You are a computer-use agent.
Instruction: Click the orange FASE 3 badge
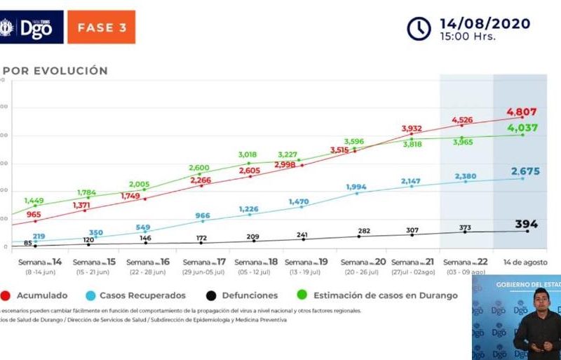(x=101, y=27)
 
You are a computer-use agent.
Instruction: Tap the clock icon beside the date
(x=419, y=28)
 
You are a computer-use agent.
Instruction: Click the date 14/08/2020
(x=485, y=23)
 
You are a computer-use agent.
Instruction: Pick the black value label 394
(x=526, y=225)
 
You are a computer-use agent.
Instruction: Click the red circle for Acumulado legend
(x=5, y=295)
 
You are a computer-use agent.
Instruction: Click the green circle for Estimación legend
(x=299, y=295)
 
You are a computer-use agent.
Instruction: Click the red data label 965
(x=34, y=214)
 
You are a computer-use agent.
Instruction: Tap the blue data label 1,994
(x=356, y=186)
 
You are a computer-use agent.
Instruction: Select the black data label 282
(x=363, y=230)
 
